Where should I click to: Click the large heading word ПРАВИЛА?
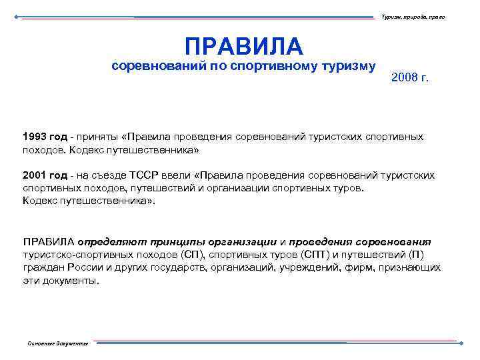pyautogui.click(x=243, y=46)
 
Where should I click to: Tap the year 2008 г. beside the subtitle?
pyautogui.click(x=411, y=78)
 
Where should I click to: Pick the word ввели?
pyautogui.click(x=177, y=175)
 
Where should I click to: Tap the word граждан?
pyautogui.click(x=42, y=267)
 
